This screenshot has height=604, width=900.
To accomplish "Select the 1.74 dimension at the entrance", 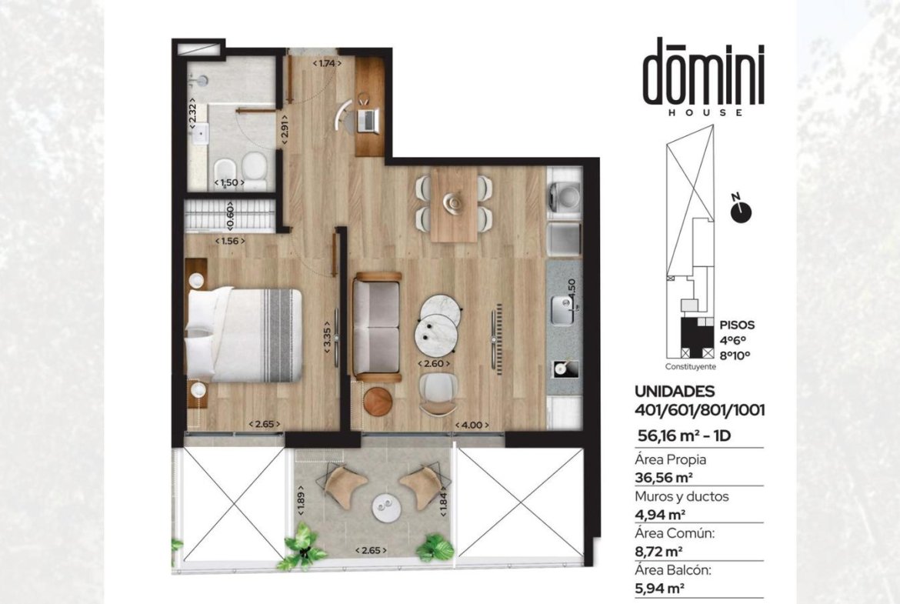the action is click(x=326, y=63).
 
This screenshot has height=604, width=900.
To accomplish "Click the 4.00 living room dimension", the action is click(x=472, y=425).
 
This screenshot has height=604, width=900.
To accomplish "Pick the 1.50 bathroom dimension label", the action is click(x=229, y=183).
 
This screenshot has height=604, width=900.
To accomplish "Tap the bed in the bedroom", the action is click(x=243, y=335).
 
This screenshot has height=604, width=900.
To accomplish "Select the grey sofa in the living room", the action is click(x=376, y=327).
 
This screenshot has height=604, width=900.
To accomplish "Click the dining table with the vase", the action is click(x=454, y=204).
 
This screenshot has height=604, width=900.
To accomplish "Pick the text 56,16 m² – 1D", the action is click(x=684, y=435).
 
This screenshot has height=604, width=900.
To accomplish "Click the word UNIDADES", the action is click(x=675, y=392).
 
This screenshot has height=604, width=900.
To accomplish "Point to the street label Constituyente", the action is click(x=691, y=366).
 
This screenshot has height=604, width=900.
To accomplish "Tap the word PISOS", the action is click(x=737, y=325).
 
